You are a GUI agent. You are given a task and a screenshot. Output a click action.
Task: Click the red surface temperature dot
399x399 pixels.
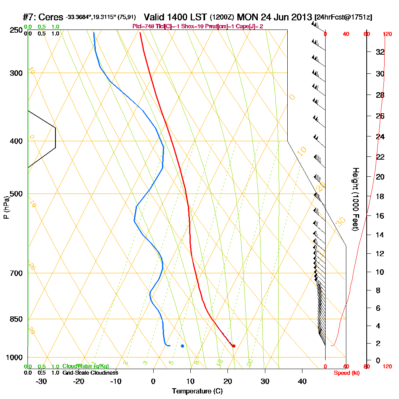[233, 346]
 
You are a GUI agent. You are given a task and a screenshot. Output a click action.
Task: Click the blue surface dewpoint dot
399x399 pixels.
[182, 346]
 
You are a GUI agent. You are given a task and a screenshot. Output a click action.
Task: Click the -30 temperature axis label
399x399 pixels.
[41, 381]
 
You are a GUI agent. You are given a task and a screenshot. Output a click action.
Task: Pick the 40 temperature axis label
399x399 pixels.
[302, 381]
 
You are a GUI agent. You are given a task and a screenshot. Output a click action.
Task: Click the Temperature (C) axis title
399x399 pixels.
[197, 391]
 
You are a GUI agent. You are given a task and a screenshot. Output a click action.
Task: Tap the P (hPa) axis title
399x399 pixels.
[6, 207]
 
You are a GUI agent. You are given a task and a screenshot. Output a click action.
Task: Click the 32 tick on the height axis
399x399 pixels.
[380, 52]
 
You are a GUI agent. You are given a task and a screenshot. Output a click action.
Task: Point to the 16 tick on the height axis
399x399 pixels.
[380, 216]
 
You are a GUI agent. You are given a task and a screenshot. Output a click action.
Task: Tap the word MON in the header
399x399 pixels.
[247, 18]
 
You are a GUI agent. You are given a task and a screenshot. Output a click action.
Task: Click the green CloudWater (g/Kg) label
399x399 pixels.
[85, 366]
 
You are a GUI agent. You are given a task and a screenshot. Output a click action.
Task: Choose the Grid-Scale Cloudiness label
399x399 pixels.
[90, 373]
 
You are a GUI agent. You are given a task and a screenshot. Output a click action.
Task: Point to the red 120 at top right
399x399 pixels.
[387, 34]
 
